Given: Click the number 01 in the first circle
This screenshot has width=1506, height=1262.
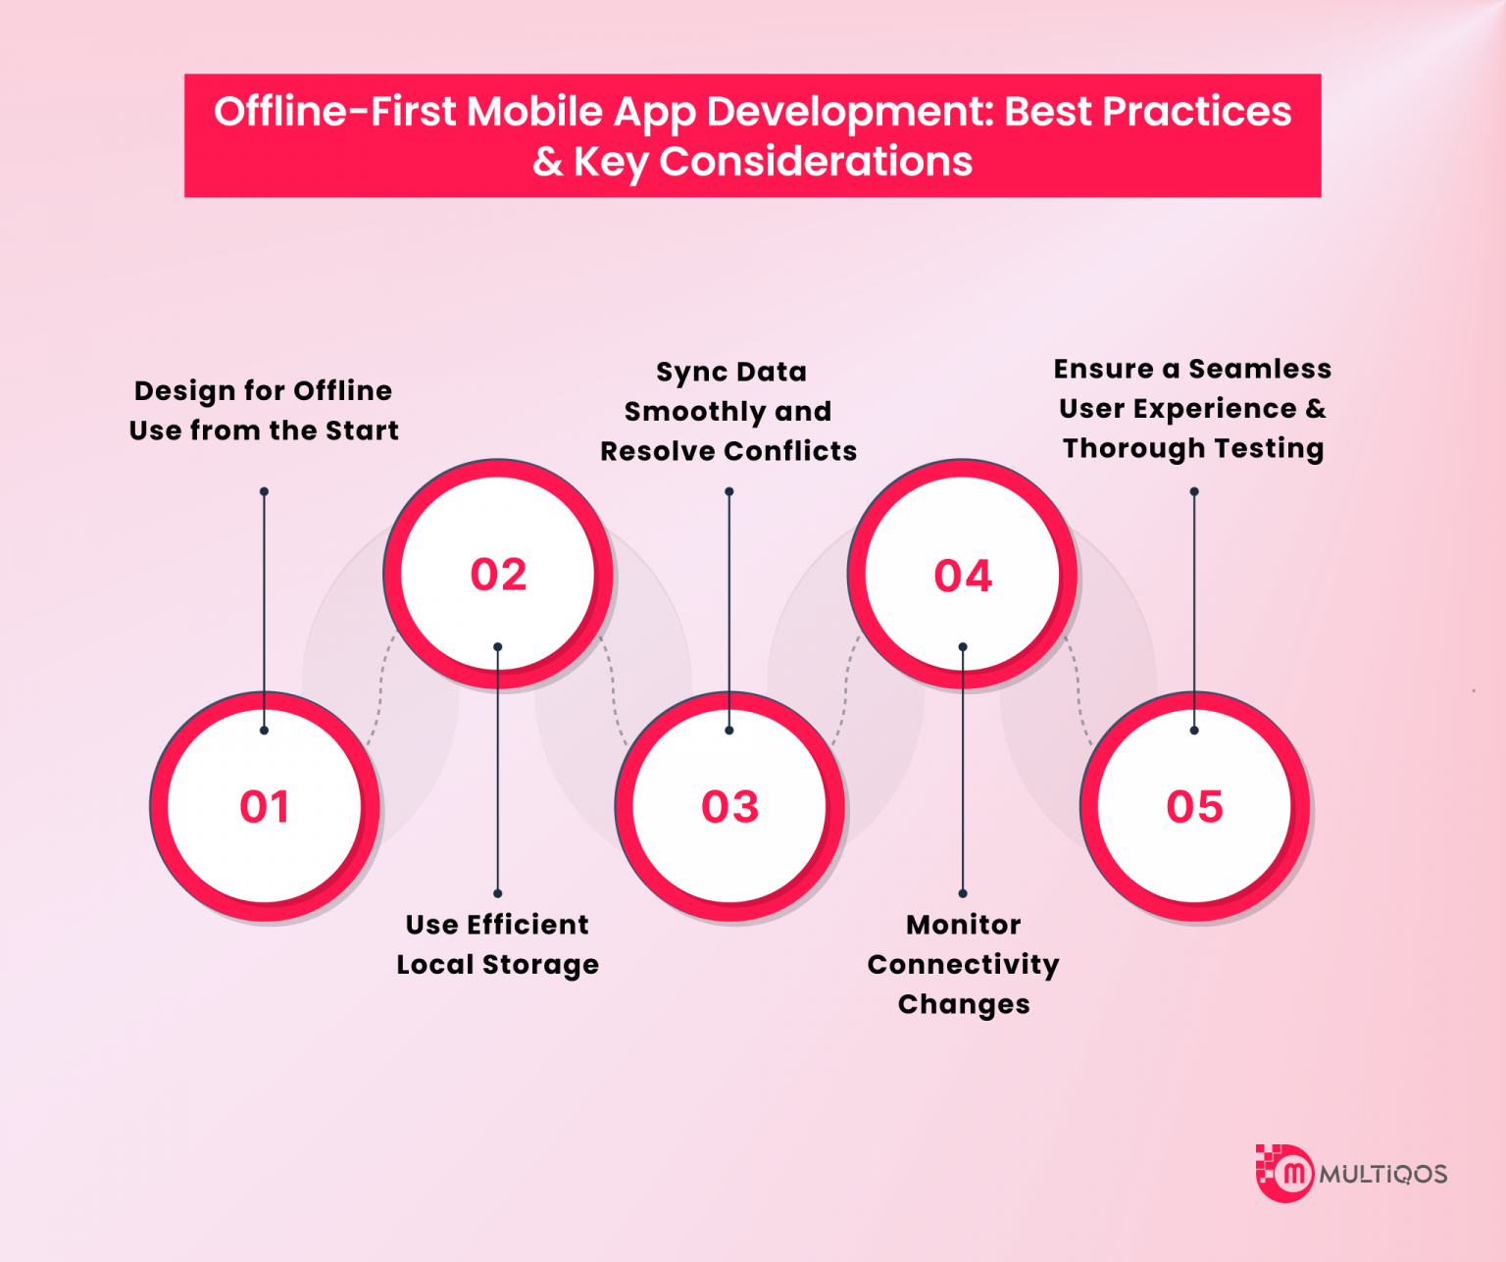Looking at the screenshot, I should (265, 807).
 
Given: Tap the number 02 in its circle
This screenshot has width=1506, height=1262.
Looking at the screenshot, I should (498, 575).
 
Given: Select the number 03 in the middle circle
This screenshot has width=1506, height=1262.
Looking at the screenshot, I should (729, 807).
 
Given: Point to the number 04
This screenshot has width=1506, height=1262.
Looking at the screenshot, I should (963, 576).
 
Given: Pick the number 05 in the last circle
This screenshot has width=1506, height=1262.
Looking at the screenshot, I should (1194, 807).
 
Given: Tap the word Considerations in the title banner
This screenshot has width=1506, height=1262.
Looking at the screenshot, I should (816, 162).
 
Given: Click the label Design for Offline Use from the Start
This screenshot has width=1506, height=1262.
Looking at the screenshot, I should (264, 411).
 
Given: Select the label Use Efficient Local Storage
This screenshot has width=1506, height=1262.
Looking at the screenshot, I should (497, 944).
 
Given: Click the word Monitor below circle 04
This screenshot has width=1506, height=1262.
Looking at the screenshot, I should (963, 925).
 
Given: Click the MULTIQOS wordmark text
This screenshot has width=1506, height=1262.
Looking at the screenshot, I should (1382, 1174).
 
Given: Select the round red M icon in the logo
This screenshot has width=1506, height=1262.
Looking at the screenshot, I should (1293, 1173).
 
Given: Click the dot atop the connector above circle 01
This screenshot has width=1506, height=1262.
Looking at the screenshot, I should (264, 492).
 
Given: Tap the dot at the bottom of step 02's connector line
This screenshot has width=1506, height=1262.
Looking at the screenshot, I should (497, 893).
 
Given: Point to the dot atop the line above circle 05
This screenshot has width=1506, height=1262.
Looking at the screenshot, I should (1194, 492).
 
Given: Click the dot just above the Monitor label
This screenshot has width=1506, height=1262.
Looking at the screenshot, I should (963, 893).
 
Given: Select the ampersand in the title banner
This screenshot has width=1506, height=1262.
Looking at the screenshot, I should (547, 162).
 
